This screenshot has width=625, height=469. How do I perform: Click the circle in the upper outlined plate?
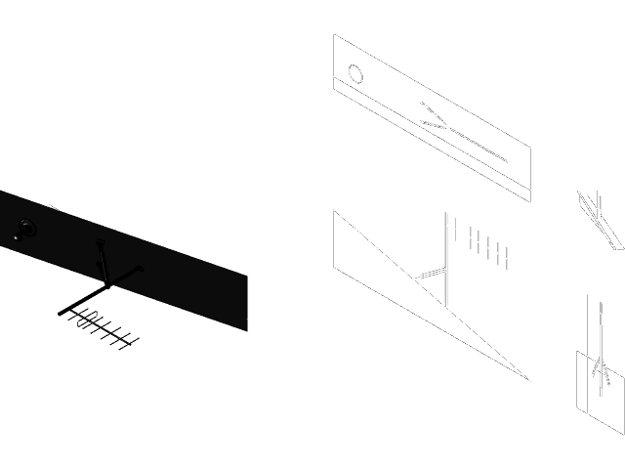click(356, 74)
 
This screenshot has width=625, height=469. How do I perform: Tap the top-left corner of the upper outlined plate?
click(334, 35)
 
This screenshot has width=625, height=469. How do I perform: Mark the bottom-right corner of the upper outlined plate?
click(530, 201)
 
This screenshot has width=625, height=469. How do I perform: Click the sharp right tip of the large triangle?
click(529, 379)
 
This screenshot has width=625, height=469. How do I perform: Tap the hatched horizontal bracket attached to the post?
click(428, 276)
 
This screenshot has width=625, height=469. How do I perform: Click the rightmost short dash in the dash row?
click(507, 257)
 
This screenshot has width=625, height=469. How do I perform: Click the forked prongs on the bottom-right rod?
click(600, 372)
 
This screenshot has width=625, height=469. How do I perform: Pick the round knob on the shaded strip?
click(24, 230)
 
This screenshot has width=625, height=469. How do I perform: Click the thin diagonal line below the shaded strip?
click(100, 326)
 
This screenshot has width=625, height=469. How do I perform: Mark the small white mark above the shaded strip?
click(53, 207)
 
